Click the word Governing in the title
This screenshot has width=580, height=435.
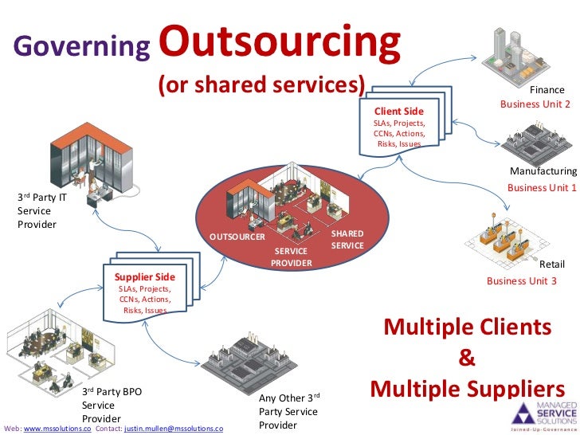(81, 48)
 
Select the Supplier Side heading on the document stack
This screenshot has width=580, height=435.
(145, 276)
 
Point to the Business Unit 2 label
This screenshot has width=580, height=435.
(535, 104)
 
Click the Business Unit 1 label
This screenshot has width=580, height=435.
(542, 187)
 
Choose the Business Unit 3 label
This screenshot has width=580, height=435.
(522, 280)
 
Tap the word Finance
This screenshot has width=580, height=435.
(547, 91)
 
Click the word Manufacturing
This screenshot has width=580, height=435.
(543, 171)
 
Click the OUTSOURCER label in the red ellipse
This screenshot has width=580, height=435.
(237, 237)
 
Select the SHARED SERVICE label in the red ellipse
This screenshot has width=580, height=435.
(347, 239)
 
